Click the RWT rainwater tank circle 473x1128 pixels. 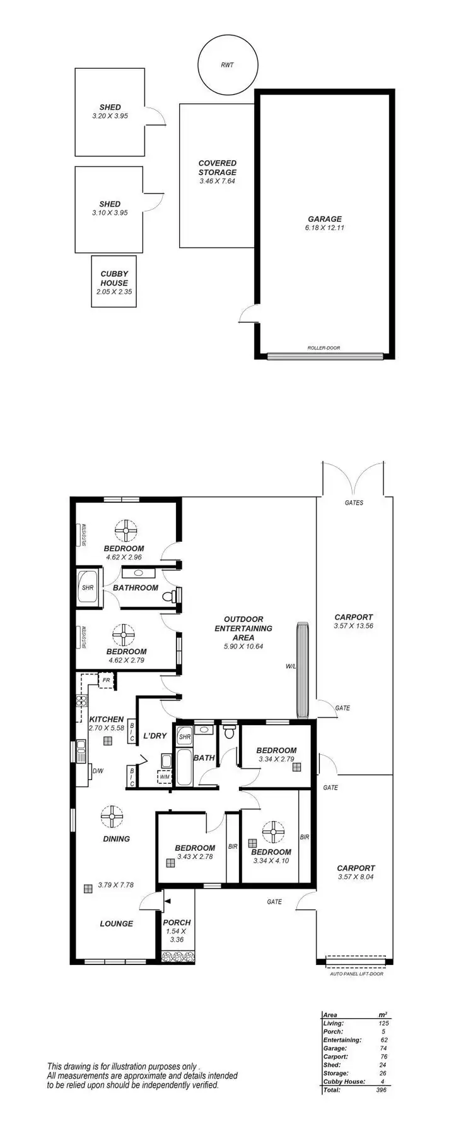pyautogui.click(x=228, y=65)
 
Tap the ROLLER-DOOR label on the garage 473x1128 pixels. pyautogui.click(x=324, y=348)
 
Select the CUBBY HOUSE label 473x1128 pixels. pyautogui.click(x=114, y=279)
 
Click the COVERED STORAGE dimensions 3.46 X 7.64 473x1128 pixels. pyautogui.click(x=218, y=181)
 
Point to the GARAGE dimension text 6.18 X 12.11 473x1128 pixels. pyautogui.click(x=324, y=228)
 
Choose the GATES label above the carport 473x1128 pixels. pyautogui.click(x=354, y=503)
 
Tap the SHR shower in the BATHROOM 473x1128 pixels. pyautogui.click(x=88, y=587)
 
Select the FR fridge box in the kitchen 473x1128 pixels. pyautogui.click(x=107, y=680)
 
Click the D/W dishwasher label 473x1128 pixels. pyautogui.click(x=98, y=771)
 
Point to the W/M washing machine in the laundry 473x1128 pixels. pyautogui.click(x=165, y=777)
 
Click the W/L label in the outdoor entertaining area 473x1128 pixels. pyautogui.click(x=290, y=666)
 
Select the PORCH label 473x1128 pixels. pyautogui.click(x=177, y=922)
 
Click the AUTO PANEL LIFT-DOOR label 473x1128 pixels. pyautogui.click(x=356, y=973)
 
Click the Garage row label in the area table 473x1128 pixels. pyautogui.click(x=335, y=1048)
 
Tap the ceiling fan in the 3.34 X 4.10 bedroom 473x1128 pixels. pyautogui.click(x=274, y=832)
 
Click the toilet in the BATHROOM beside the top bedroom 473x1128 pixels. pyautogui.click(x=170, y=596)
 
